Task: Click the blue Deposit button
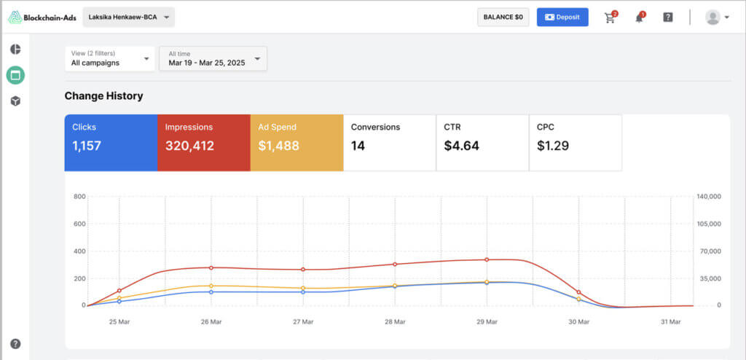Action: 562,17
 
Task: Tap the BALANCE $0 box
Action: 503,17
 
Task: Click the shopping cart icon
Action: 610,17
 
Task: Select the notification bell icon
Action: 640,17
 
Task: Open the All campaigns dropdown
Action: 110,58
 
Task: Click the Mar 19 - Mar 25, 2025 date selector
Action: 213,58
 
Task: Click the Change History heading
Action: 103,95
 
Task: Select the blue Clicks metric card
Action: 111,142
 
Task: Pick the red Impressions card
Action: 204,142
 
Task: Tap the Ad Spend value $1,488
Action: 279,146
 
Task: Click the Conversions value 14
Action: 358,146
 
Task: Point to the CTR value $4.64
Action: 461,146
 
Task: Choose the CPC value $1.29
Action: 553,146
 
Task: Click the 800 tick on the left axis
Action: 79,196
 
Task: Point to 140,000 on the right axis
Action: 709,196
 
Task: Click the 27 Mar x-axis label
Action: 303,322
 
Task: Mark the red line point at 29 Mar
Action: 487,259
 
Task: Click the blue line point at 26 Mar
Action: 211,292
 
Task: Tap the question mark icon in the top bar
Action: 668,17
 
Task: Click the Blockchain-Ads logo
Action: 42,17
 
